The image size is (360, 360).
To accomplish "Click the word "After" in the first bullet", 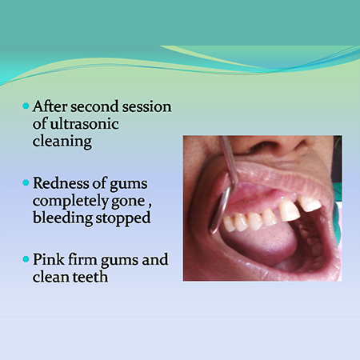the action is coord(50,106).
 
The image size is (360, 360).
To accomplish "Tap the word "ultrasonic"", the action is coord(85,124).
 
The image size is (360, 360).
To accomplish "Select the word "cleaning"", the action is coord(62,142).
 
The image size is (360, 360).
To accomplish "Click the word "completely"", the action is coord(70,201).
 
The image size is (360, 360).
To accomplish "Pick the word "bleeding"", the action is coord(62,218).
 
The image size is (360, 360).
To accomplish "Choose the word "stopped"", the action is coord(123,218).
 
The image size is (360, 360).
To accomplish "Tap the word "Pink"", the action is coord(49,259).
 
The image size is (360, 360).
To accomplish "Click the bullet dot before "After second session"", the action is coord(26,106).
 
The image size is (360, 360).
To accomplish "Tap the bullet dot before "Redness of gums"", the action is coord(26,183).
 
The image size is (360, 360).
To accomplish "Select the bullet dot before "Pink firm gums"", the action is coord(26,259).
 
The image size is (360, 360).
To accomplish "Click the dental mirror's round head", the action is coord(220,210).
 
